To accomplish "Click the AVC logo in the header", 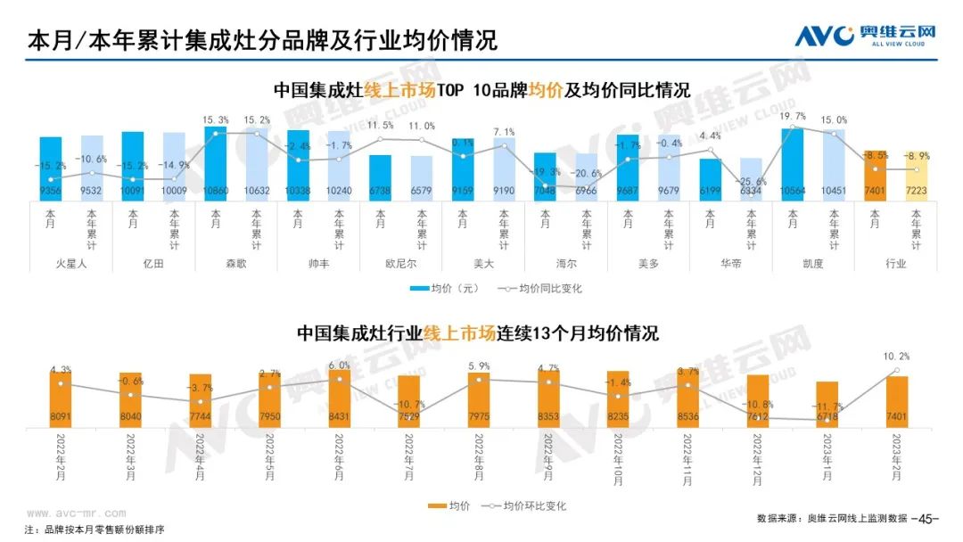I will pyautogui.click(x=826, y=36).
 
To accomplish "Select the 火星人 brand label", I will pyautogui.click(x=71, y=263).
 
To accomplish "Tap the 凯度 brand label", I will pyautogui.click(x=813, y=263).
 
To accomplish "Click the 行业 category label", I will pyautogui.click(x=896, y=263).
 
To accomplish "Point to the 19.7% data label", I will pyautogui.click(x=793, y=117).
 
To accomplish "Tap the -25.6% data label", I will pyautogui.click(x=751, y=183).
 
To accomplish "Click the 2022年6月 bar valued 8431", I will pyautogui.click(x=339, y=397).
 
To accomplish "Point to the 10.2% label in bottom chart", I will pyautogui.click(x=896, y=356).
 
